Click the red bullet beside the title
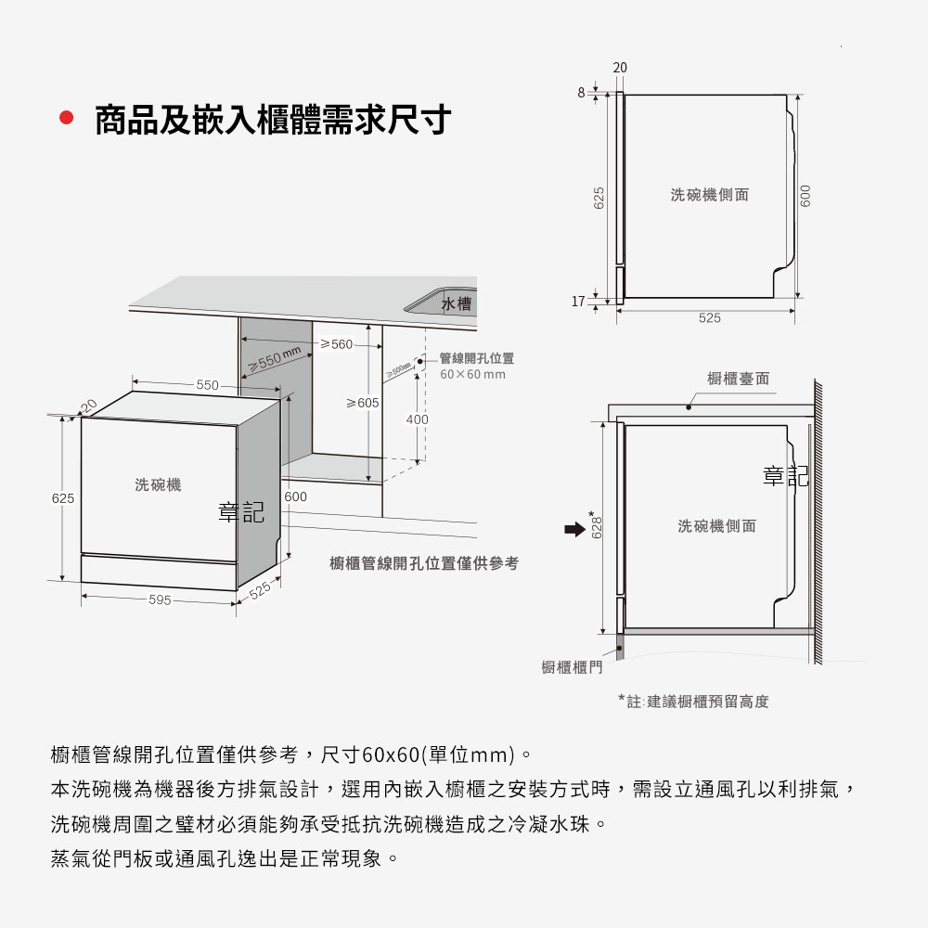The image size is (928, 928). click(x=66, y=118)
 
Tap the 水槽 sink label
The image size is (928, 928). click(x=457, y=303)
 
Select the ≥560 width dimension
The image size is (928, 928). click(x=336, y=344)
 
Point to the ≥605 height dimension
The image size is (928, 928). click(x=362, y=403)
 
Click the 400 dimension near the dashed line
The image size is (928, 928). click(x=417, y=419)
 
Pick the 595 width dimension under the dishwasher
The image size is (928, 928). click(x=160, y=599)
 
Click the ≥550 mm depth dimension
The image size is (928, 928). click(x=275, y=358)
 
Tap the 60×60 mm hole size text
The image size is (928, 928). click(x=473, y=374)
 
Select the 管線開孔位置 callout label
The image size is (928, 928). click(x=476, y=358)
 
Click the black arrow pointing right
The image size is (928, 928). click(x=574, y=529)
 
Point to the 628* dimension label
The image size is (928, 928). click(x=597, y=524)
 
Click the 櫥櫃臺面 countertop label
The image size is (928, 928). click(x=738, y=379)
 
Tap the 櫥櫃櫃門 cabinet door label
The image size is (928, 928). click(x=572, y=667)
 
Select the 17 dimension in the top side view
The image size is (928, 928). click(x=578, y=302)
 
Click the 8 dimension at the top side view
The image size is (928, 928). click(x=581, y=92)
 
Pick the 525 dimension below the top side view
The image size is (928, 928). click(x=710, y=317)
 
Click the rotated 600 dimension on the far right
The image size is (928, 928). click(x=805, y=196)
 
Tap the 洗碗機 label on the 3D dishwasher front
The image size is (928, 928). click(x=158, y=484)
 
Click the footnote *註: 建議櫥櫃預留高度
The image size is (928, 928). click(x=693, y=702)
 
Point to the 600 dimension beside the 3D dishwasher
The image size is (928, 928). click(x=295, y=496)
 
